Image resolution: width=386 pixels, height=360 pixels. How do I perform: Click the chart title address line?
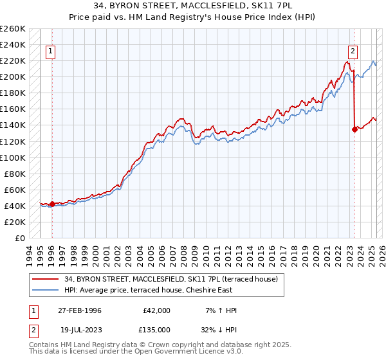coord(192,7)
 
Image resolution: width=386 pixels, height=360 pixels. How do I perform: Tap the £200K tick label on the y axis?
coord(13,76)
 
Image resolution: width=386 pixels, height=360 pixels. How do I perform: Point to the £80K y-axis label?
coord(15,174)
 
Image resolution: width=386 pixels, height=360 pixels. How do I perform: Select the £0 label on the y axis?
coord(19,238)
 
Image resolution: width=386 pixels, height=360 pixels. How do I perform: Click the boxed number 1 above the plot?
coord(51,53)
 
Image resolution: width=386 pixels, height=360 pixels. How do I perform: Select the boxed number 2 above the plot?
coord(353,53)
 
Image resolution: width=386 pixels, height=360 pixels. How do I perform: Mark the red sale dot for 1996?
coord(52,204)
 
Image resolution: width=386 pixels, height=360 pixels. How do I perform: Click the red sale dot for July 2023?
coord(354,129)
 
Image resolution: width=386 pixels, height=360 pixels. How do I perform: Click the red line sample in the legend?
coord(46,279)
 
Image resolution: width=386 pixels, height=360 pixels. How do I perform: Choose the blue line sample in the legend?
coord(46,289)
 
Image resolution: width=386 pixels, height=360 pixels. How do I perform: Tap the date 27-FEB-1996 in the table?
coord(80,310)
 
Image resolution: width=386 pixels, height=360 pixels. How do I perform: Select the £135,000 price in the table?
coord(157,328)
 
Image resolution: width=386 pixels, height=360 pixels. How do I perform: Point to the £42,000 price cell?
coord(157,310)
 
